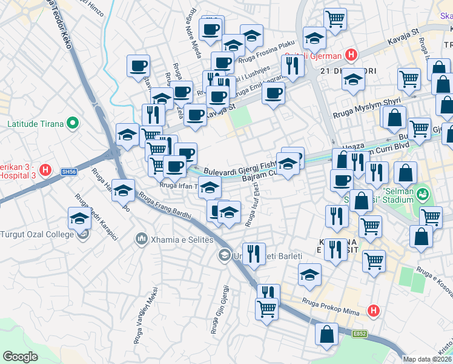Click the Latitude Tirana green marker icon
pyautogui.click(x=73, y=124)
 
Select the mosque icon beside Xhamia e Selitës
pyautogui.click(x=141, y=240)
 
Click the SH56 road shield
pyautogui.click(x=69, y=172)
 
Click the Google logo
pyautogui.click(x=21, y=357)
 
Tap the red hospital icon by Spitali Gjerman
pyautogui.click(x=350, y=56)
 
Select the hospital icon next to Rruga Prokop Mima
pyautogui.click(x=374, y=311)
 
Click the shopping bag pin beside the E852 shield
pyautogui.click(x=327, y=335)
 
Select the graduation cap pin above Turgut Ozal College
pyautogui.click(x=79, y=219)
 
